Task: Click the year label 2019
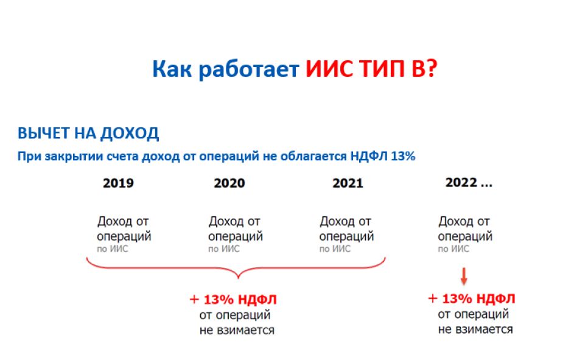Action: click(x=118, y=183)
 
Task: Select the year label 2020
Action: click(x=229, y=183)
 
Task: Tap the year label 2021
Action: click(x=348, y=183)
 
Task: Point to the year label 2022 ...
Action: click(x=461, y=183)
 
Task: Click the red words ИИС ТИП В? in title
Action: click(x=371, y=69)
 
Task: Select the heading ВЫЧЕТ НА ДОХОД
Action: click(x=88, y=133)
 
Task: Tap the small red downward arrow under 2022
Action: click(x=464, y=277)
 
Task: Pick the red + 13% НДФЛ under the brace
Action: click(x=233, y=300)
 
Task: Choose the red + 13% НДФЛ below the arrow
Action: click(x=471, y=298)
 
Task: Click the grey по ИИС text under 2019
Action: click(x=112, y=249)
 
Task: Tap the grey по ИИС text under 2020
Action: click(x=223, y=249)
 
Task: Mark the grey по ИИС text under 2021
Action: click(x=335, y=249)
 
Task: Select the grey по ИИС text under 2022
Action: click(x=453, y=249)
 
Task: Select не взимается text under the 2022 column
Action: click(x=475, y=330)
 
